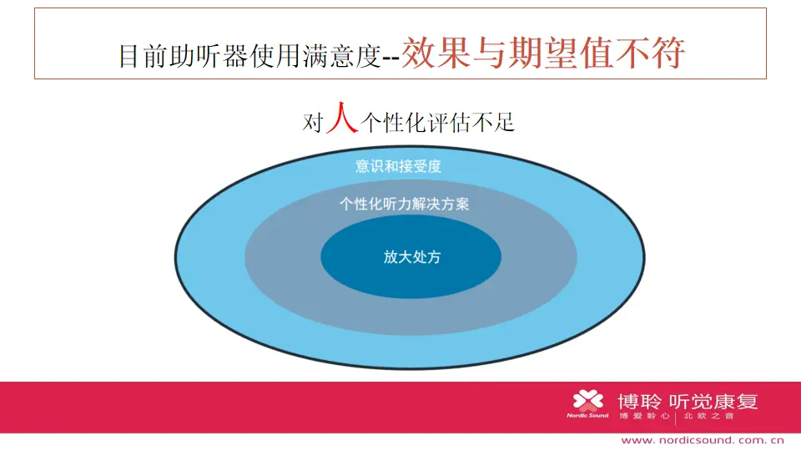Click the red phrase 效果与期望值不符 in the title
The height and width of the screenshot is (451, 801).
coord(543,53)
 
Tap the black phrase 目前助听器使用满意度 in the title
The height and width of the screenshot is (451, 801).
coord(249,56)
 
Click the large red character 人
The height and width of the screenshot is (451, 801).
coord(342,118)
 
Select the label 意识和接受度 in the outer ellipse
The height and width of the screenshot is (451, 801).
coord(399,166)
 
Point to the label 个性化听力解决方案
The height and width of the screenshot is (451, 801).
coord(404,204)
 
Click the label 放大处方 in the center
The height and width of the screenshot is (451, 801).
coord(412,256)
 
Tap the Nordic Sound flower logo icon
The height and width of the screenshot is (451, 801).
coord(588,400)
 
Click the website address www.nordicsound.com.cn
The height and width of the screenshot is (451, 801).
coord(703,440)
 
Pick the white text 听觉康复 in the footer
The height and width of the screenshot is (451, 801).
coord(713,402)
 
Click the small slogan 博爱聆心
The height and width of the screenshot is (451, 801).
coord(644,416)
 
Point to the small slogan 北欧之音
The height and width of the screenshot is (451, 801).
coord(708,416)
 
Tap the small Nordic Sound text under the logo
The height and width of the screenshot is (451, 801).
coord(587,416)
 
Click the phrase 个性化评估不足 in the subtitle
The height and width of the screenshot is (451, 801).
coord(438,123)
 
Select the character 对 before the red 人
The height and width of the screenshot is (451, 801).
coord(313,123)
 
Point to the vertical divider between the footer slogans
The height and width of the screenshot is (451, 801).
coord(676,418)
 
